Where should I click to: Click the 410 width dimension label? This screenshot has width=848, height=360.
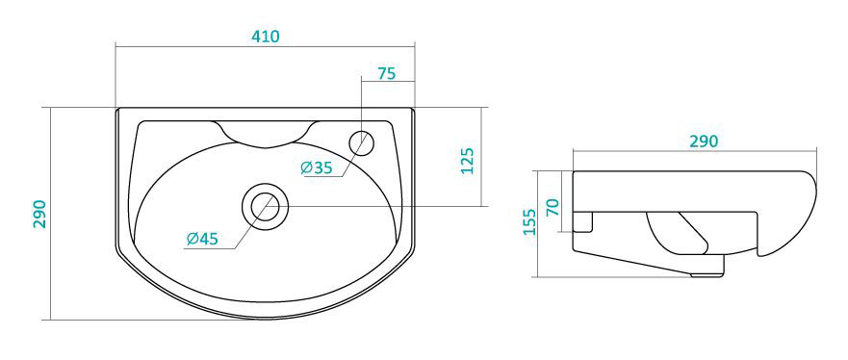point(266,37)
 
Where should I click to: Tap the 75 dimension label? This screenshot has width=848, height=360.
point(387,73)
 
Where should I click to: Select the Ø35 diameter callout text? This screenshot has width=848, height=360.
point(317,168)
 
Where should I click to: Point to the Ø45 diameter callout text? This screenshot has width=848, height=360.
point(202,239)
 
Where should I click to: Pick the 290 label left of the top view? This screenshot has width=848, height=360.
point(39,214)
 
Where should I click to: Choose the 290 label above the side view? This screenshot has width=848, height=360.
point(704,141)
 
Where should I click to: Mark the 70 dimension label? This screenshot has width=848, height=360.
point(552,207)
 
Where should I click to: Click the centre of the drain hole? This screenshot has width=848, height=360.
point(265,206)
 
